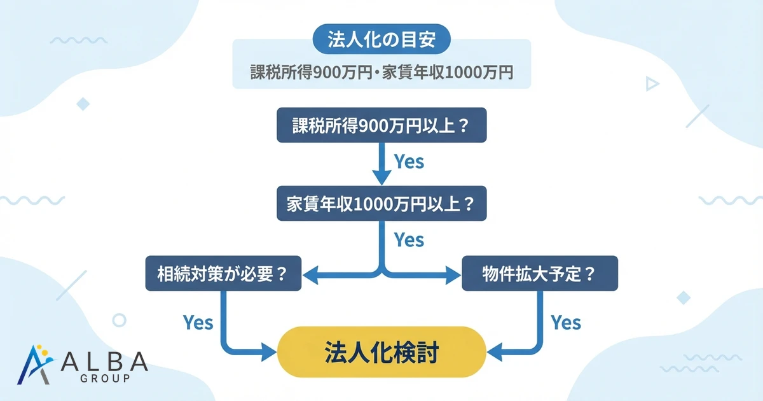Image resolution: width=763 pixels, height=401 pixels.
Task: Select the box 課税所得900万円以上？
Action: click(x=381, y=125)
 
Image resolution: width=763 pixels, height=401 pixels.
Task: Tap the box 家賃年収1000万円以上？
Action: click(x=381, y=204)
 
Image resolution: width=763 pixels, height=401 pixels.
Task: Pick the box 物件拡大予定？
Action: click(x=540, y=274)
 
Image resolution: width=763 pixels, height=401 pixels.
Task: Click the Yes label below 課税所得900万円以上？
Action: click(x=409, y=162)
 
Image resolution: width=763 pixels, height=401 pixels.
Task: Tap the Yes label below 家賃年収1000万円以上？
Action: click(x=409, y=240)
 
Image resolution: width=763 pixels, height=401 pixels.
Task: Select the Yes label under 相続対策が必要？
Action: click(x=198, y=322)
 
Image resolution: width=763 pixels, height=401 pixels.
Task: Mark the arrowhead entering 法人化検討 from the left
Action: click(x=271, y=351)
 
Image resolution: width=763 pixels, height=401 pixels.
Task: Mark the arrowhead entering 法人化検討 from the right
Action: click(x=493, y=351)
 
